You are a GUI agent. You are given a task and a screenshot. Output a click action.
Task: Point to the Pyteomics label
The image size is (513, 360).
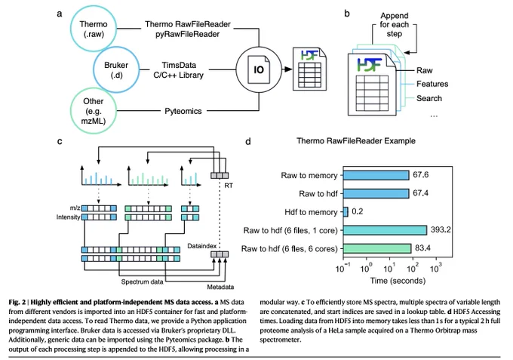pyautogui.click(x=183, y=111)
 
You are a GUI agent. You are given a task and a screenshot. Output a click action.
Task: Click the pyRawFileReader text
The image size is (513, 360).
pyautogui.click(x=187, y=34)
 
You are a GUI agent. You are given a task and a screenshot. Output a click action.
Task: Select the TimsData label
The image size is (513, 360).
pyautogui.click(x=179, y=65)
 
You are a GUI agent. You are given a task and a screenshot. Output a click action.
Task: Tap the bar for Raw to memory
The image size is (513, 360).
pyautogui.click(x=376, y=175)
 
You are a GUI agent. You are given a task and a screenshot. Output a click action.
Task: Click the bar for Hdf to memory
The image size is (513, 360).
pyautogui.click(x=346, y=212)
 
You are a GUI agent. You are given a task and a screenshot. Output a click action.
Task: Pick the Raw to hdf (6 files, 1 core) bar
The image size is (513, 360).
pyautogui.click(x=385, y=230)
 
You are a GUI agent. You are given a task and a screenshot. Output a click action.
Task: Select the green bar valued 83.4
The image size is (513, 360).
pyautogui.click(x=377, y=248)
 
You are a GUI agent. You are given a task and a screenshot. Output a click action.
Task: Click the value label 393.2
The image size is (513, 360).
pyautogui.click(x=441, y=229)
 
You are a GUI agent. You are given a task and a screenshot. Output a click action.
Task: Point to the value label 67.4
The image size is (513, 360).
pyautogui.click(x=420, y=193)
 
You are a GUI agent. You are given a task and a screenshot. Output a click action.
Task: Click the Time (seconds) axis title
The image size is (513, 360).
pyautogui.click(x=398, y=281)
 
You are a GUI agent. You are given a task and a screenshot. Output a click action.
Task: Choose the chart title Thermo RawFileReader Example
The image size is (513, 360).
pyautogui.click(x=356, y=141)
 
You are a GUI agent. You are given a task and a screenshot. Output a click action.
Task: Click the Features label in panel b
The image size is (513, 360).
pyautogui.click(x=432, y=84)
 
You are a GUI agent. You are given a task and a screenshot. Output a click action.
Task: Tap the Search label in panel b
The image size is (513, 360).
pyautogui.click(x=429, y=99)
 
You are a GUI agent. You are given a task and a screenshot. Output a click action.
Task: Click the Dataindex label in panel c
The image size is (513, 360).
pyautogui.click(x=202, y=246)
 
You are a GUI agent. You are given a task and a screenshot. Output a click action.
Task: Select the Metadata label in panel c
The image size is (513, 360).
pyautogui.click(x=220, y=287)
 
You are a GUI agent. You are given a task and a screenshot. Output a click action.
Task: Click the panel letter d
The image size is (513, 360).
pyautogui.click(x=248, y=141)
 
